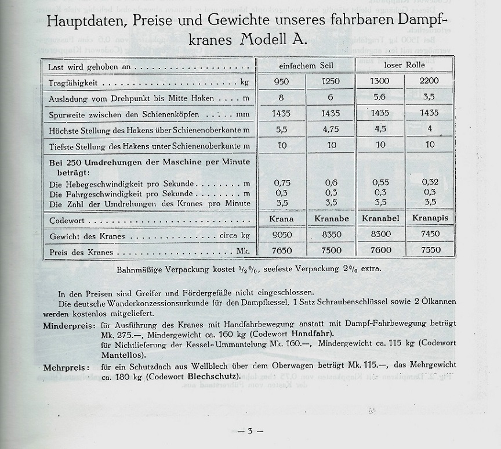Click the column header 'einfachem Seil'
coord(306,66)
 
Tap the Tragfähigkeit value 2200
coord(429,81)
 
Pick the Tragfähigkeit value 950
coord(282,81)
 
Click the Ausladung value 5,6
coord(380,98)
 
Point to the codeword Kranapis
coord(429,218)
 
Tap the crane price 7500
coord(331,250)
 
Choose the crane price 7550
coord(429,250)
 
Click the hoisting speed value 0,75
coord(282,182)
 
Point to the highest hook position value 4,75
coord(331,130)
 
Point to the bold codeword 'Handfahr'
coord(313,334)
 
